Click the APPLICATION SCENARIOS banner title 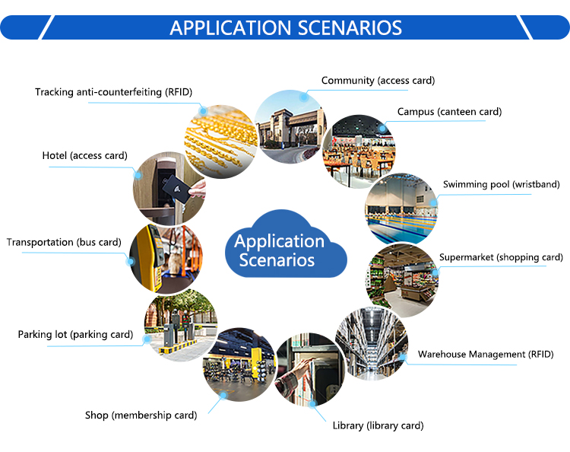[x=285, y=27]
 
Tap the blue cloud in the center [x=286, y=244]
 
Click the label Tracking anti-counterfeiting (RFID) [x=113, y=92]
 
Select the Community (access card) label [x=378, y=81]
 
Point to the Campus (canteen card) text [x=449, y=112]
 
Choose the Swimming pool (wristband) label [x=502, y=184]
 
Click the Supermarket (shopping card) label [x=501, y=257]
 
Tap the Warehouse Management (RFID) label [x=486, y=355]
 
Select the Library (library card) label [x=378, y=425]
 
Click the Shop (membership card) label [x=141, y=415]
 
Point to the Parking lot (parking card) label [x=75, y=335]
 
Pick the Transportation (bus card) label [x=64, y=243]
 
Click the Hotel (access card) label [x=84, y=156]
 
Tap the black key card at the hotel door [x=176, y=188]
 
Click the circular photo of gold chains [x=221, y=142]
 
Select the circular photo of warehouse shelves [x=372, y=344]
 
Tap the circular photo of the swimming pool [x=401, y=209]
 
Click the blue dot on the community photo [x=304, y=97]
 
